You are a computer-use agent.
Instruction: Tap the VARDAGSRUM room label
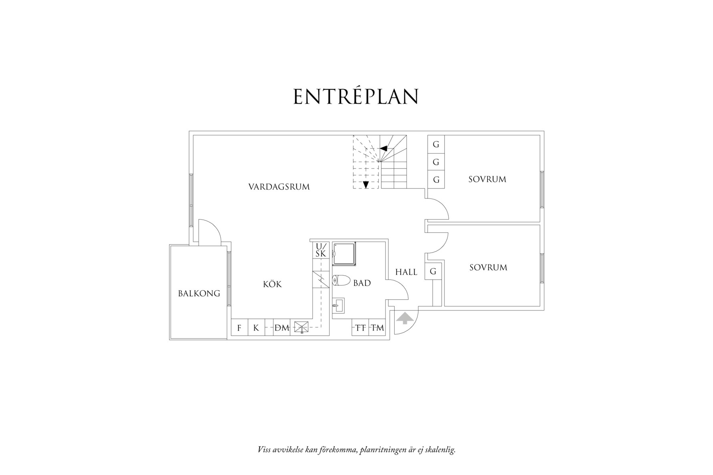click(x=279, y=187)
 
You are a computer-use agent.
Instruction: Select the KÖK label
click(x=272, y=284)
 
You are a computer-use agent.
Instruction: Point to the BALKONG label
click(x=199, y=293)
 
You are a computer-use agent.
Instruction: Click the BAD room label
click(x=362, y=283)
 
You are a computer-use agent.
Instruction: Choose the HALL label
click(x=406, y=272)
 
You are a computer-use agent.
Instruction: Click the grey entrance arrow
click(x=405, y=318)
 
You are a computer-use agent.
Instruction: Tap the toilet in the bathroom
click(x=341, y=281)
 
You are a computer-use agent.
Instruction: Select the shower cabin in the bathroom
click(x=344, y=254)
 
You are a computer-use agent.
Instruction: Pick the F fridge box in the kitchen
click(x=240, y=328)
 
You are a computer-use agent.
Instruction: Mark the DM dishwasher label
click(x=282, y=328)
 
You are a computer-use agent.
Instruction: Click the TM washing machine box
click(x=377, y=327)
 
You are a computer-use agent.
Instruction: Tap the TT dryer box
click(x=361, y=327)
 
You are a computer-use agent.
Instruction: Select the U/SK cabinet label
click(x=321, y=250)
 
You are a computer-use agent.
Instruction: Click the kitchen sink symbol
click(x=302, y=327)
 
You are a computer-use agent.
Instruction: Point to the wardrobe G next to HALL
click(x=433, y=271)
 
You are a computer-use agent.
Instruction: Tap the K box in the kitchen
click(x=256, y=328)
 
